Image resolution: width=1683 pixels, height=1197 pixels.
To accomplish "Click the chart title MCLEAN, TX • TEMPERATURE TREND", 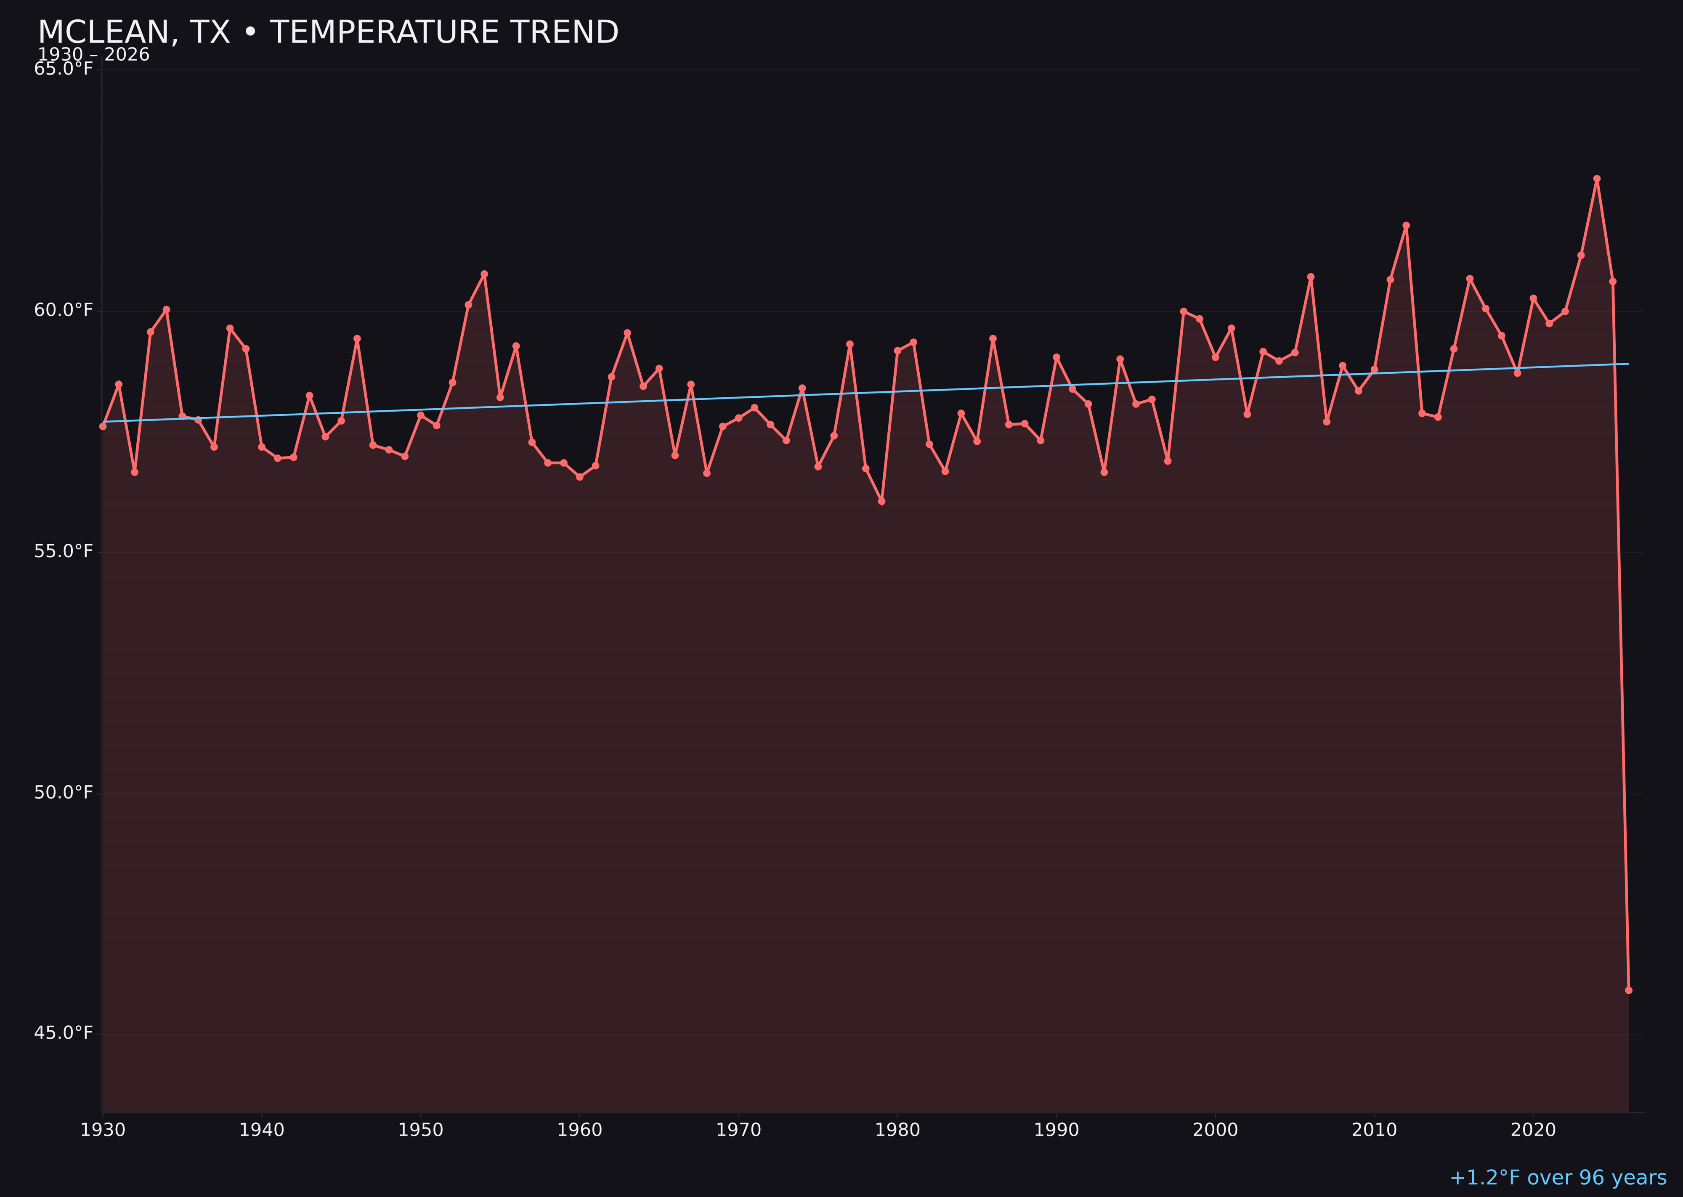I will click(x=328, y=32).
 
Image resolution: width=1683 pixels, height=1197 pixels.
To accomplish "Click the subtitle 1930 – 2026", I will click(x=93, y=55).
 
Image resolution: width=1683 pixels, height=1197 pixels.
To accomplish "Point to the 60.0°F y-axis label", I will click(x=64, y=310).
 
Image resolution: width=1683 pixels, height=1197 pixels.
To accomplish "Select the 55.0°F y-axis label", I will click(x=64, y=551).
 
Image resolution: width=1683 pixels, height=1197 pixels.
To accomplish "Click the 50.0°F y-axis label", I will click(x=64, y=793).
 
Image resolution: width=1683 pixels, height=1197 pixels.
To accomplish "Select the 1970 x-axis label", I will click(x=738, y=1130).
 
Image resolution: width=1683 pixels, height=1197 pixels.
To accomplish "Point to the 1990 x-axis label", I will click(x=1056, y=1130).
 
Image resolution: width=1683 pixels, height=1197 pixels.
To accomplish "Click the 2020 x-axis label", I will click(x=1533, y=1130).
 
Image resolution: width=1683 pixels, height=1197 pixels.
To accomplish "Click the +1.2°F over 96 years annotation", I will click(x=1558, y=1178).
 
